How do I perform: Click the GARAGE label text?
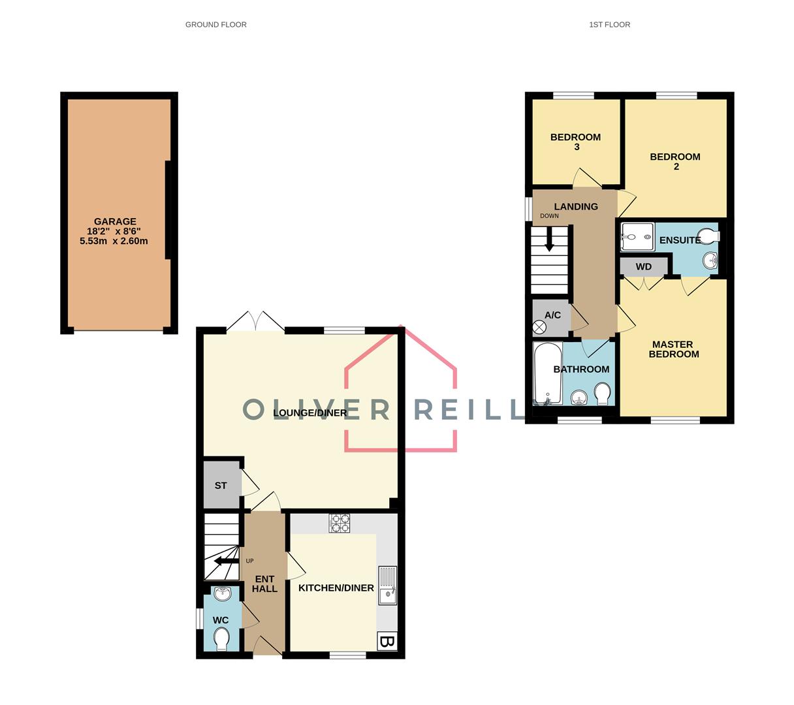(115, 222)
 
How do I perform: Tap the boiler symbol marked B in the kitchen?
(387, 642)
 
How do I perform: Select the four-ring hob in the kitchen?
(340, 523)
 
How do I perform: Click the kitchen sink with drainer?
(388, 586)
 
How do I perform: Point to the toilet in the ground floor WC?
(221, 638)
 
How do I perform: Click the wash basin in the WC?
(221, 594)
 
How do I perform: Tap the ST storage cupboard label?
(221, 486)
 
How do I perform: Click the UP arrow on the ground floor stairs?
(226, 561)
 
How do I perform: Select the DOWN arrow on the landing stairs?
(549, 239)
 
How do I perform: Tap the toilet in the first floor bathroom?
(602, 394)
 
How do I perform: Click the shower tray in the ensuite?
(637, 236)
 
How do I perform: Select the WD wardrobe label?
(644, 267)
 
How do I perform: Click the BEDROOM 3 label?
(575, 142)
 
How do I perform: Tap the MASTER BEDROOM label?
(673, 349)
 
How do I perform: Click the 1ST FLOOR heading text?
(609, 25)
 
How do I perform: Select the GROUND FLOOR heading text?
(215, 25)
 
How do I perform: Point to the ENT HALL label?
(264, 584)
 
